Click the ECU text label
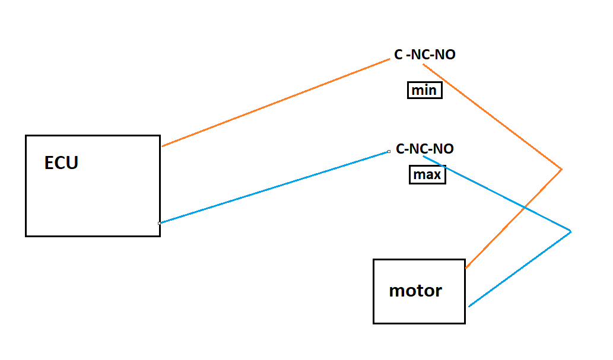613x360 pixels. (61, 163)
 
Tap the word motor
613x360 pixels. (415, 291)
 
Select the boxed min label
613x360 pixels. (424, 90)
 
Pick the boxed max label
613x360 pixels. (427, 174)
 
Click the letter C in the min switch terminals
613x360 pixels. (398, 55)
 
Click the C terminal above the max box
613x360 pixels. (400, 148)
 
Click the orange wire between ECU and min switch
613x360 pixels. (275, 103)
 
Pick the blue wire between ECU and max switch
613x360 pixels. (274, 187)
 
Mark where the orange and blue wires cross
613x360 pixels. (525, 208)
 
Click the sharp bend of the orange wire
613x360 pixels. (561, 169)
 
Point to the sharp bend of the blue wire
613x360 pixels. (571, 231)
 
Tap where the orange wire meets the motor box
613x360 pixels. (466, 267)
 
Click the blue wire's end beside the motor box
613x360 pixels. (469, 306)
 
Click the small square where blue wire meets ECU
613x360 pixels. (160, 223)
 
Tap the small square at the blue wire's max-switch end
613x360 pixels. (389, 151)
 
